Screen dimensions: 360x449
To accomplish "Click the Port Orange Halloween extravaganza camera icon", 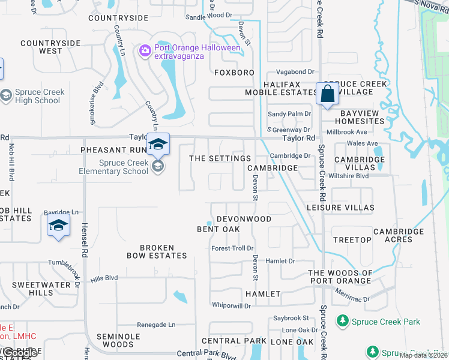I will click(145, 50).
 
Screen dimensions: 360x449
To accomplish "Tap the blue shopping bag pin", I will click(327, 94).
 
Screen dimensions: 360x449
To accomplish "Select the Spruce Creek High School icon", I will click(6, 95).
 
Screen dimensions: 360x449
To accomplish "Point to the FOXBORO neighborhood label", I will click(234, 73).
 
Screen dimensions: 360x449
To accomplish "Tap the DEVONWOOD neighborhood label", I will click(244, 220).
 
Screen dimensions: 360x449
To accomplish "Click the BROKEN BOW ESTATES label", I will click(157, 251).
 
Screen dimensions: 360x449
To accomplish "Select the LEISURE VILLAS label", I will click(340, 208).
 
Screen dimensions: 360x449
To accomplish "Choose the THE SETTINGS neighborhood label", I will click(220, 158).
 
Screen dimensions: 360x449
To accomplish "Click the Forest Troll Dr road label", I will click(233, 248).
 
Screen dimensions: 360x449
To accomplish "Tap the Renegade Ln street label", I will click(156, 325).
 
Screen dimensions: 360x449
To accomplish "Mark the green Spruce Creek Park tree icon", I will click(343, 322).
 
